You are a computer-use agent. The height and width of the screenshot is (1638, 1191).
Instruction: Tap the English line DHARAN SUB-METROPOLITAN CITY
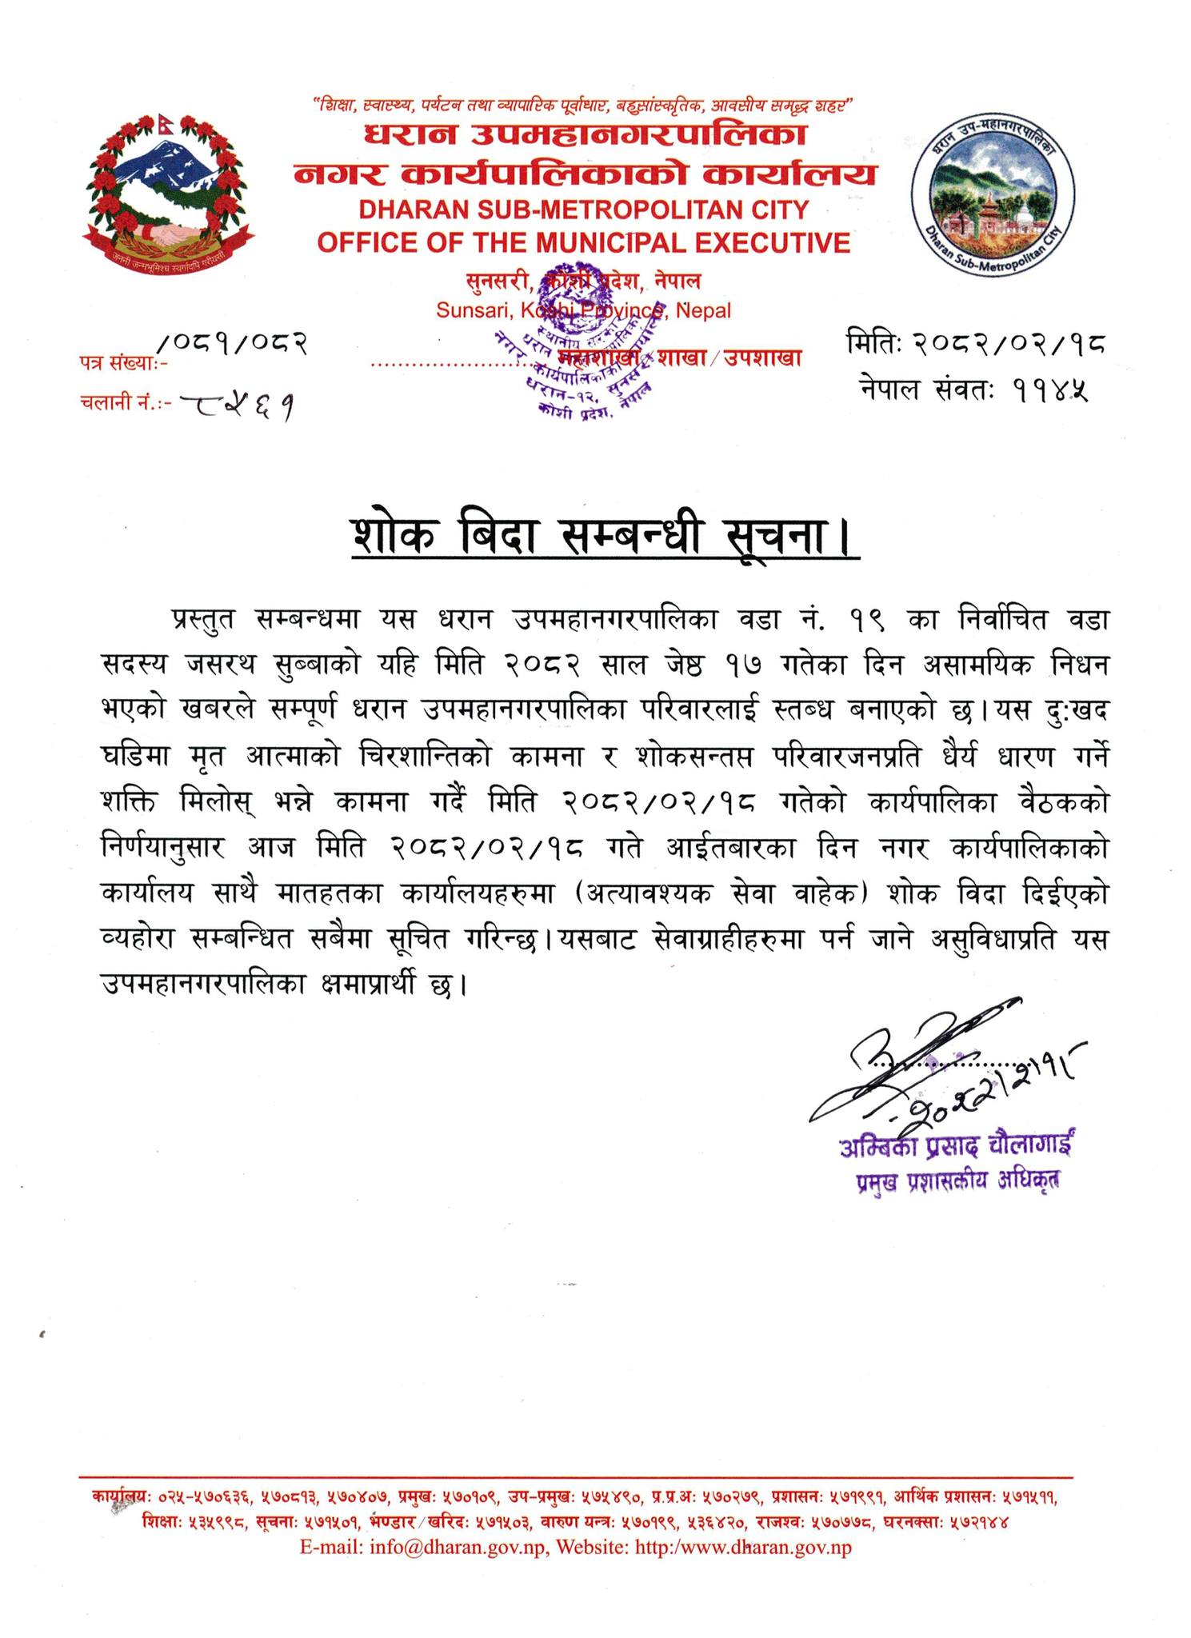[583, 210]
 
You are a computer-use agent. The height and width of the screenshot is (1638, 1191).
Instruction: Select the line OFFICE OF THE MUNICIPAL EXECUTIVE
[583, 242]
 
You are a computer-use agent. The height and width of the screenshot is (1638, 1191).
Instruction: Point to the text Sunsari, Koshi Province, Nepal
[583, 310]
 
